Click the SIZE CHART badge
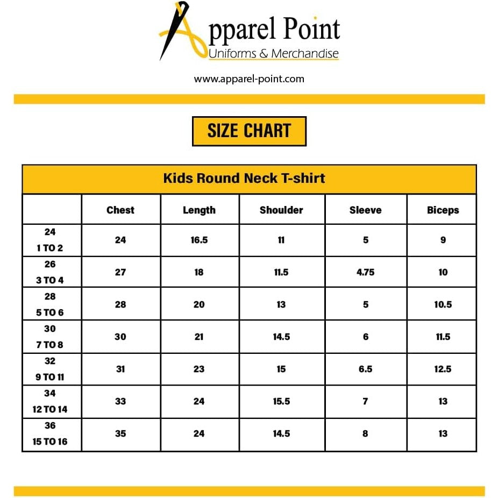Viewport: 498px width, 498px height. coord(249,131)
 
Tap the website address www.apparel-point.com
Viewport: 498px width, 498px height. coord(249,79)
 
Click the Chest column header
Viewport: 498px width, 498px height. coord(120,210)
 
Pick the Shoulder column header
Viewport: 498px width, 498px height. coord(281,210)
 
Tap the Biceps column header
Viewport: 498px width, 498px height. coord(443,210)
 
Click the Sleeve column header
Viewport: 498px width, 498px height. coord(365,210)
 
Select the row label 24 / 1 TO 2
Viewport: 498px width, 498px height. coord(50,240)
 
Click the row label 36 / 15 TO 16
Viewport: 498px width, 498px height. coord(50,434)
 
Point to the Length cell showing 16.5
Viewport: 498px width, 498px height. coord(199,240)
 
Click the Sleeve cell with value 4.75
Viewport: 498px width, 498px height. coord(365,272)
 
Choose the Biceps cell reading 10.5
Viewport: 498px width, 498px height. coord(443,304)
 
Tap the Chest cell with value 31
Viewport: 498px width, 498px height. coord(120,369)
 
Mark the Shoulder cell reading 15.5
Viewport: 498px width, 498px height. coord(281,401)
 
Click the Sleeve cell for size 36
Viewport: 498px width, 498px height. coord(365,433)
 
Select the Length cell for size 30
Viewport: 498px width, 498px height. coord(199,337)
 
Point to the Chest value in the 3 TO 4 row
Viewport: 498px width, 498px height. coord(120,272)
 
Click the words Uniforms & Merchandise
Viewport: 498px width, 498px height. coord(273,54)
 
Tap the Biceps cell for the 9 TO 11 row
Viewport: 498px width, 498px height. coord(443,369)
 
